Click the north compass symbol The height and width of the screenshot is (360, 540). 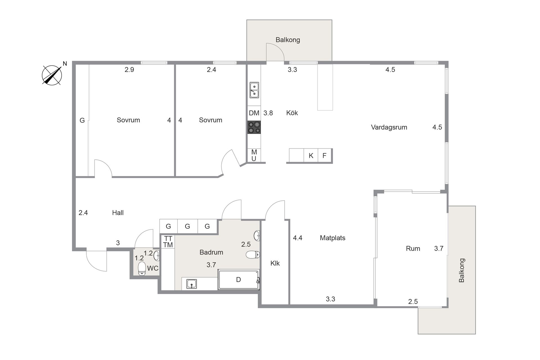click(52, 75)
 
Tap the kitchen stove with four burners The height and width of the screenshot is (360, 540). click(254, 127)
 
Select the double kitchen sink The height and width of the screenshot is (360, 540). click(254, 90)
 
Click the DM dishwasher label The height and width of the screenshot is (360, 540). click(254, 113)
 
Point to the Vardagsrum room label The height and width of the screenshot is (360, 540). click(389, 127)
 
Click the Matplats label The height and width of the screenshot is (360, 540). click(332, 238)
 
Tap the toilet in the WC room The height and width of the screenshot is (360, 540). click(142, 269)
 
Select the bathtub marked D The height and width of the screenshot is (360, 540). click(238, 280)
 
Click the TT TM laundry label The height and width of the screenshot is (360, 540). click(168, 242)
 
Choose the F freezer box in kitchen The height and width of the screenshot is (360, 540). click(325, 156)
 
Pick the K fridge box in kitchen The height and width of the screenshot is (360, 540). click(311, 156)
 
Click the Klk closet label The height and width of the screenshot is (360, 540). click(275, 263)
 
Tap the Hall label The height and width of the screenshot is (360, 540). click(118, 213)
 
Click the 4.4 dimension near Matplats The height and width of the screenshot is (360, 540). click(298, 238)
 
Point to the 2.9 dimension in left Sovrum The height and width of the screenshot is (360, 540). click(129, 70)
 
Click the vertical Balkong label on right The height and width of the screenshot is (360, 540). click(462, 270)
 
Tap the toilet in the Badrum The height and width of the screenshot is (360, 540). click(253, 255)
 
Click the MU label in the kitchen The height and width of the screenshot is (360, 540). click(254, 156)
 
